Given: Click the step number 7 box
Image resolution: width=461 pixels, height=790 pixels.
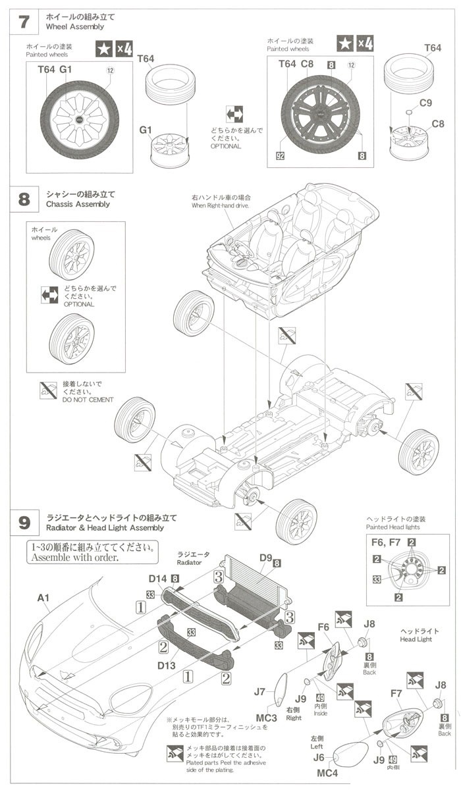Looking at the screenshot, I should coord(24,21).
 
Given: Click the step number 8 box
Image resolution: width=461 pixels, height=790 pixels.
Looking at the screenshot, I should coord(24,199).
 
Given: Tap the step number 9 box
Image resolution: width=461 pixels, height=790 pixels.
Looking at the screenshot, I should coord(24,523).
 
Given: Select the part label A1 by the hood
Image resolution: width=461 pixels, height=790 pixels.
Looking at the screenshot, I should coord(43,598).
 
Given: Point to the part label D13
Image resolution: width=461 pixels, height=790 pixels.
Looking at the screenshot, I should coord(166,666).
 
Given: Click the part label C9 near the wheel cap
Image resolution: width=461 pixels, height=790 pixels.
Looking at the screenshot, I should coord(426,103).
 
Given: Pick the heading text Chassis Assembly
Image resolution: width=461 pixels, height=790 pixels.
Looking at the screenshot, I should coord(79,204).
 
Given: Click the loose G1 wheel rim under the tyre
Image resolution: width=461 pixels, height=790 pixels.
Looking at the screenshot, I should coord(169,150).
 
